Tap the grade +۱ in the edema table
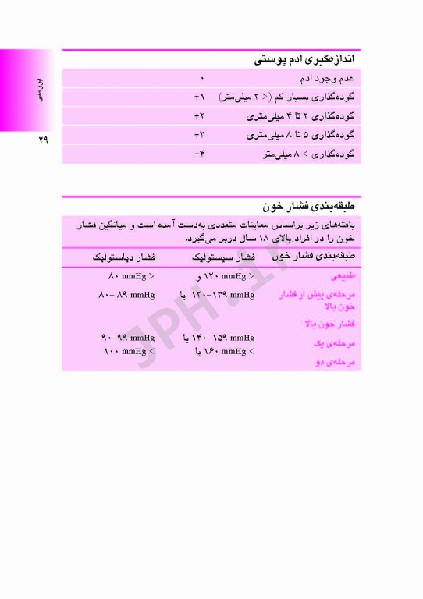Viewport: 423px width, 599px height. pos(198,97)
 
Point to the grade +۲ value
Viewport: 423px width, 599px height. pos(198,116)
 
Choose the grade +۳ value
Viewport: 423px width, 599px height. pos(198,135)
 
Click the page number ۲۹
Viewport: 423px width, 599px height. pos(42,140)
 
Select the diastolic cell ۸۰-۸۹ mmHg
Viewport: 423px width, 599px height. pos(126,296)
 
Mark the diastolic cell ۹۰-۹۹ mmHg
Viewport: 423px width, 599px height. pos(127,338)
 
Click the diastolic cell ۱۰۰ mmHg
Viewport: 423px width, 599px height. pos(128,351)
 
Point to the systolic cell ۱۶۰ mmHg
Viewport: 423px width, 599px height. pos(214,351)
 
